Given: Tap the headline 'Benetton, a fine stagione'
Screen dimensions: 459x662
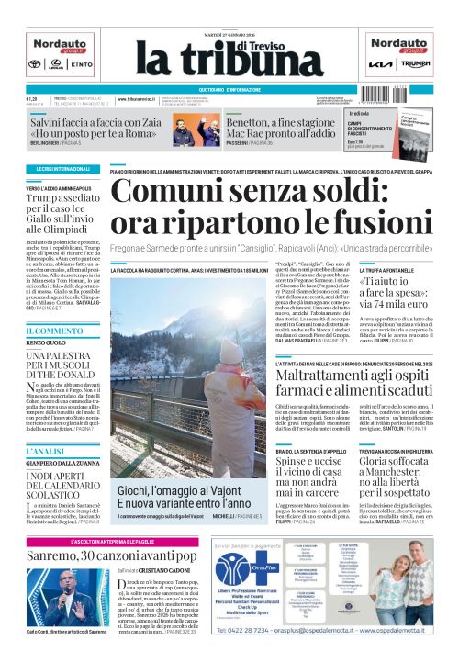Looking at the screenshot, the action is click(x=273, y=120).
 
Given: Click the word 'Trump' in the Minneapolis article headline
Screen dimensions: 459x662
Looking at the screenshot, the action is click(x=40, y=196).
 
